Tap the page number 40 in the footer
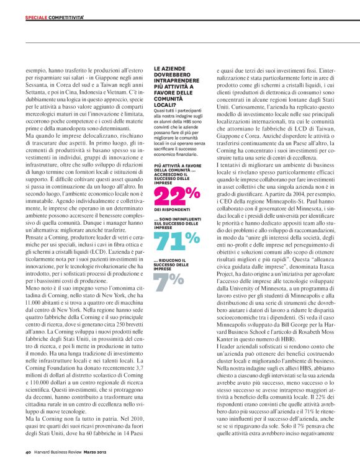tap(28, 452)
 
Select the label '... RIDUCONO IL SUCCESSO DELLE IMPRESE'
tap(171, 264)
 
